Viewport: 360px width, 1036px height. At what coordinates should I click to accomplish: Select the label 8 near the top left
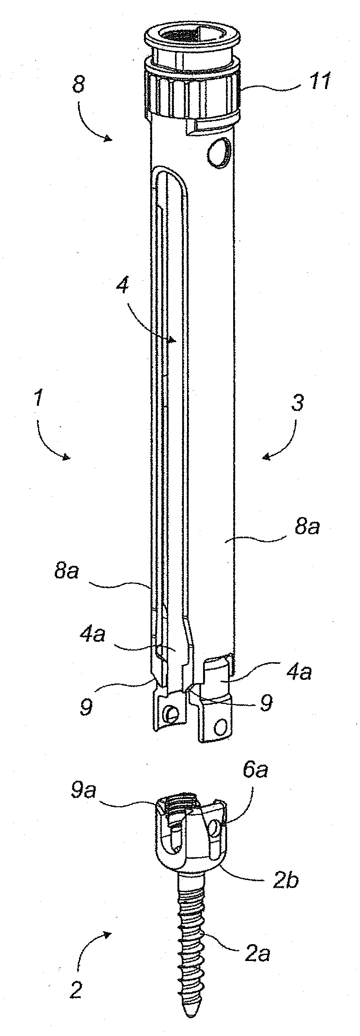click(x=79, y=85)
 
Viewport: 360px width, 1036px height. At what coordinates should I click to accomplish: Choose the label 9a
click(x=81, y=791)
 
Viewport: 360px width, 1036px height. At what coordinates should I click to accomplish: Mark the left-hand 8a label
click(x=67, y=571)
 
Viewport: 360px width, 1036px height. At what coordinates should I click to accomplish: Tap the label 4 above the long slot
click(x=123, y=287)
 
